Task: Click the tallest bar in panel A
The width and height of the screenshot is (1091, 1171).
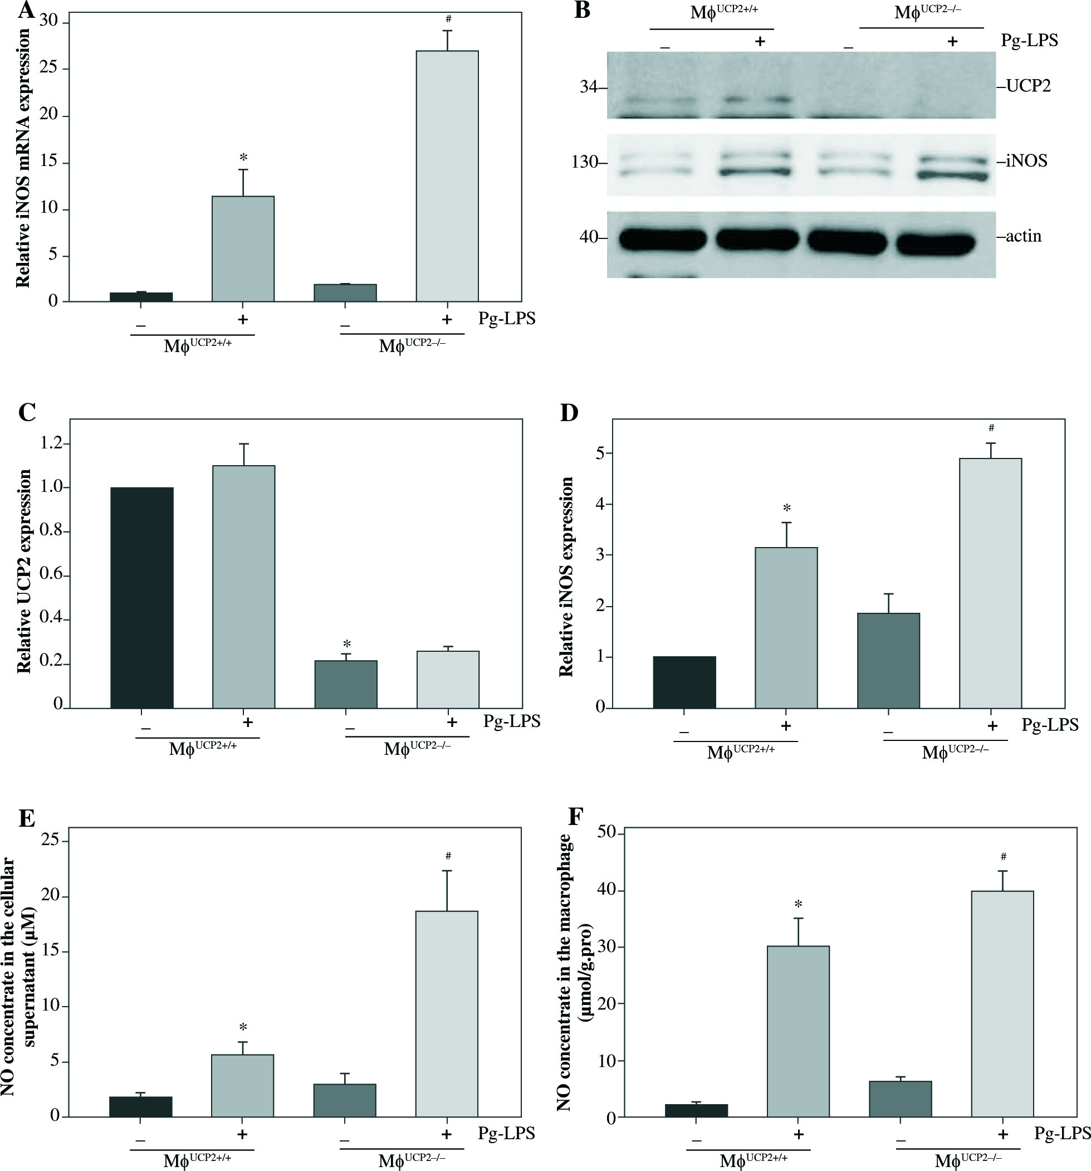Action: [447, 177]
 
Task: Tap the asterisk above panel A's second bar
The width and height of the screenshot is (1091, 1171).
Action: [243, 158]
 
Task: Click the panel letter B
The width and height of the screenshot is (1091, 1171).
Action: [582, 10]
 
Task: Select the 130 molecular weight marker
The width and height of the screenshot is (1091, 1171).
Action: [585, 162]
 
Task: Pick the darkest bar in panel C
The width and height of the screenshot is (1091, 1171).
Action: [142, 597]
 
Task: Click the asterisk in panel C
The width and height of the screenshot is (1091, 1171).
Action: [347, 645]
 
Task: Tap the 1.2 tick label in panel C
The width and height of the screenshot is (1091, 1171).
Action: [52, 443]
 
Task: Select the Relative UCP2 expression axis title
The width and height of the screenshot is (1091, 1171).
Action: [24, 571]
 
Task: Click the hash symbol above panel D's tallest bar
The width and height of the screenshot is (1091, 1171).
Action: [991, 428]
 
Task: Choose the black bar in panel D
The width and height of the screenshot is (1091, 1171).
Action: [684, 681]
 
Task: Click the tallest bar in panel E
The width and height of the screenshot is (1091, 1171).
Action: [447, 1013]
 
